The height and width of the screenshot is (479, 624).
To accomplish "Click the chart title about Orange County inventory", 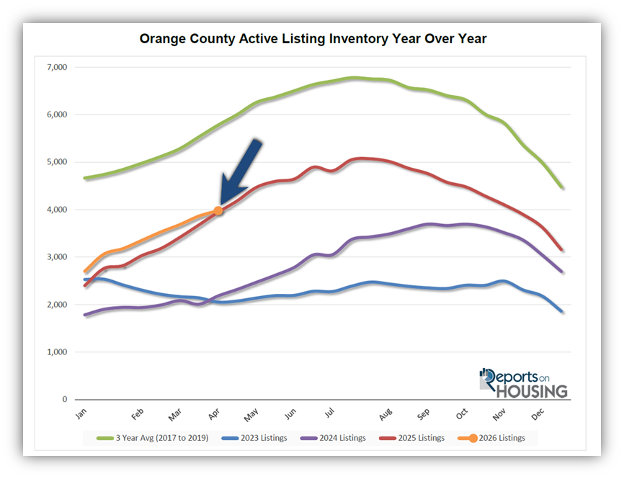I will pyautogui.click(x=313, y=39).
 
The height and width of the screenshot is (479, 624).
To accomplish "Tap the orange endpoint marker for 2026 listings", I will pyautogui.click(x=218, y=210).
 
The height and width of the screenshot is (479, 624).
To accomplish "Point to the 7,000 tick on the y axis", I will pyautogui.click(x=55, y=67).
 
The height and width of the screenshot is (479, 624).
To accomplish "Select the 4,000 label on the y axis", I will pyautogui.click(x=55, y=210).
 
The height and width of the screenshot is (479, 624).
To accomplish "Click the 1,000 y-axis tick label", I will pyautogui.click(x=55, y=352).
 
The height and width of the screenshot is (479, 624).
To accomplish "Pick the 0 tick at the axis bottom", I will pyautogui.click(x=63, y=400).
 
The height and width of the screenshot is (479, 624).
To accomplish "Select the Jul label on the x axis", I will pyautogui.click(x=329, y=414).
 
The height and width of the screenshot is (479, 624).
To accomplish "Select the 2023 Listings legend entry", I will pyautogui.click(x=258, y=437).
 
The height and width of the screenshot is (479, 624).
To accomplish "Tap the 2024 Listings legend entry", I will pyautogui.click(x=336, y=437).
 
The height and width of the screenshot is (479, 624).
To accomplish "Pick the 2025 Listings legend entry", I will pyautogui.click(x=416, y=437).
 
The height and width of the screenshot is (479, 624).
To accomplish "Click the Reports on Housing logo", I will pyautogui.click(x=524, y=383).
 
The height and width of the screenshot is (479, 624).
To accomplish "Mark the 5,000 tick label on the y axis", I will pyautogui.click(x=55, y=162).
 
